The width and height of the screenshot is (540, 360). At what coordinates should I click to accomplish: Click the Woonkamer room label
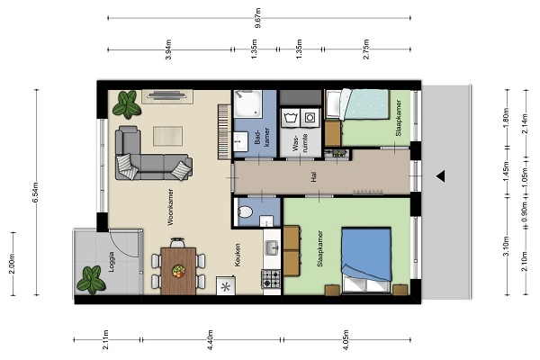170,207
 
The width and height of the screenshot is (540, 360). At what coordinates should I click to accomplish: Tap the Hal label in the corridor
313,177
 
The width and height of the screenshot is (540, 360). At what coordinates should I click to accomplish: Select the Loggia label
111,262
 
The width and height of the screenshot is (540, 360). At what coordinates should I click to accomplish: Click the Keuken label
238,256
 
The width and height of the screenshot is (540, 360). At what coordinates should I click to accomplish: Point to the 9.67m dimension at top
259,18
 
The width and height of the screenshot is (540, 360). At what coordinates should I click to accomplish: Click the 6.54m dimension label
35,193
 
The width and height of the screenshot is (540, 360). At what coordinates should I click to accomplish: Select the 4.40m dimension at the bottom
211,339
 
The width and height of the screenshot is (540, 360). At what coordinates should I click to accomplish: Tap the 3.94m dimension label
168,49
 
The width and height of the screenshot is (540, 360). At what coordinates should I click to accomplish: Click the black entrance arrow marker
441,176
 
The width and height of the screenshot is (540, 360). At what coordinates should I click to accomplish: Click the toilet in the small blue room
245,211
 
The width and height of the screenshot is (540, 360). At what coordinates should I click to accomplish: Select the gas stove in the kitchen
272,279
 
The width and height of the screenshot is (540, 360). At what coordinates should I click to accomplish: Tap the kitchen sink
272,247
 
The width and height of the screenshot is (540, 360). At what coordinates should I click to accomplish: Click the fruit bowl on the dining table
178,270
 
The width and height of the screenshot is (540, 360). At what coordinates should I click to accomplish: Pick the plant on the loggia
91,280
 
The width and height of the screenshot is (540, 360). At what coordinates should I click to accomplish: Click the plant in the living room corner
127,104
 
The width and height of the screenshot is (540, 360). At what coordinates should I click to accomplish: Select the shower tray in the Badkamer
247,103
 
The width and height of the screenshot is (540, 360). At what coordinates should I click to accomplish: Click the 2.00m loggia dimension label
13,264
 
